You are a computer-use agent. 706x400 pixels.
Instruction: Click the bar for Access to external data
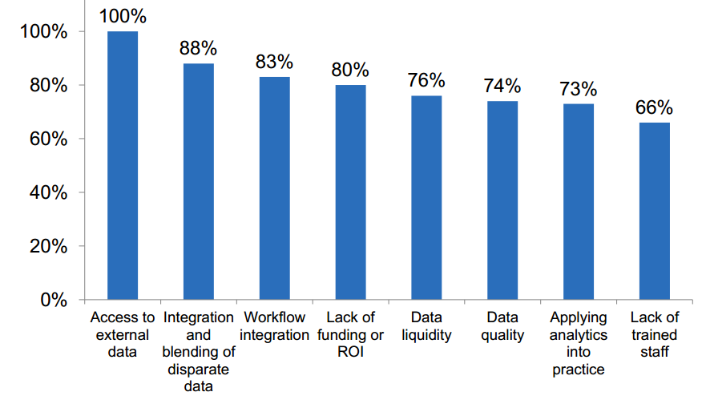click(123, 165)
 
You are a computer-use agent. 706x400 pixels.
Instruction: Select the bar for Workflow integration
click(275, 188)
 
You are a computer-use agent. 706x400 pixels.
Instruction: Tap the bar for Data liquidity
click(426, 197)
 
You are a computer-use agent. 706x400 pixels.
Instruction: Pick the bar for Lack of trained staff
click(655, 211)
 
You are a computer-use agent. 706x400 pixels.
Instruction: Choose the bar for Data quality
click(502, 200)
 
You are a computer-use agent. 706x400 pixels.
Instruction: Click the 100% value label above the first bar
click(123, 16)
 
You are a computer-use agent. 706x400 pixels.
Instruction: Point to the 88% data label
click(199, 48)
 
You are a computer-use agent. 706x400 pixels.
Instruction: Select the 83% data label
click(275, 62)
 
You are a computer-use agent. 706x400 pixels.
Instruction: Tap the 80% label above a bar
click(350, 70)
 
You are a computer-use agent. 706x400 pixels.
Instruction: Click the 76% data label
click(426, 80)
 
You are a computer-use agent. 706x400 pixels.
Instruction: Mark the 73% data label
click(579, 88)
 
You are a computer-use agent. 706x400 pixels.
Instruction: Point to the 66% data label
click(655, 107)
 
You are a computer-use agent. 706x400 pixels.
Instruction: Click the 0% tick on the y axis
click(54, 300)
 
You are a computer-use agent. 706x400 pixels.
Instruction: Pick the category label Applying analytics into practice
click(579, 343)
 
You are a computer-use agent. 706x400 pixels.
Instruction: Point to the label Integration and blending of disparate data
click(199, 352)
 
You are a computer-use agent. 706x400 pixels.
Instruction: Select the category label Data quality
click(502, 326)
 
